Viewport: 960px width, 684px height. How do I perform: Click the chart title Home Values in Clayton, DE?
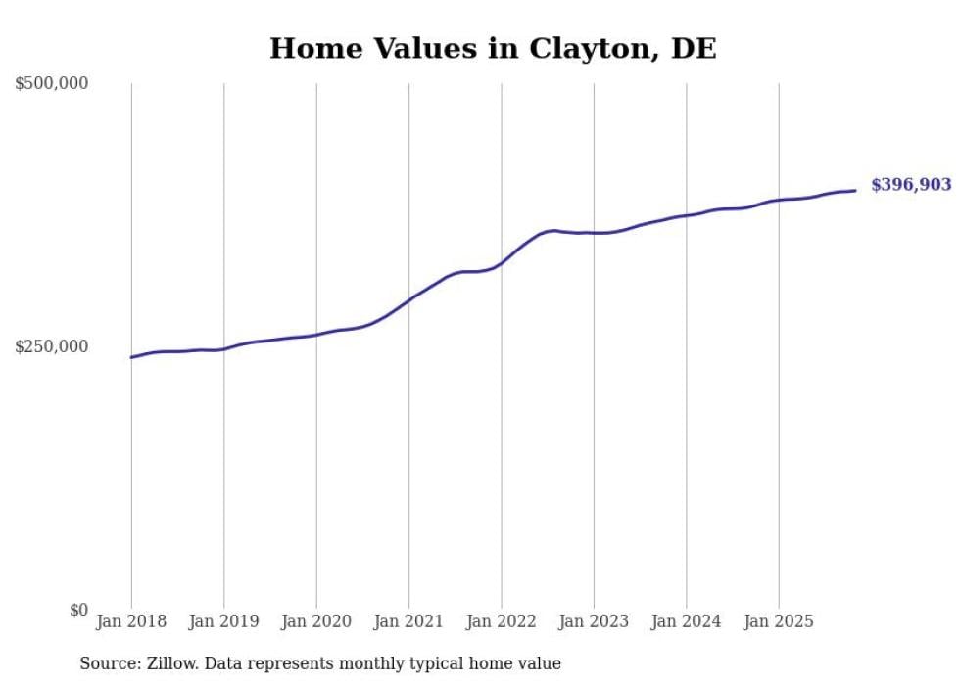(493, 48)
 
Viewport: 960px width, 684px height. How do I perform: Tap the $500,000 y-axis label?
(52, 83)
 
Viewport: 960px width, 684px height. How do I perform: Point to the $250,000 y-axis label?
(52, 346)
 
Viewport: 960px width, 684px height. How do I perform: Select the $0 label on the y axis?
(78, 610)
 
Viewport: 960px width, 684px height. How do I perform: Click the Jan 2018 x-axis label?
(131, 621)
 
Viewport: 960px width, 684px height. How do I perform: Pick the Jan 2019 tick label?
(223, 621)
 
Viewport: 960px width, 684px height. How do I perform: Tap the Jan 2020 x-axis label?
(316, 621)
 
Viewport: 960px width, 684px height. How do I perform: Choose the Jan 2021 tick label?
(408, 621)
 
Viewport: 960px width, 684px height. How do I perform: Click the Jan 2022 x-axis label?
(502, 621)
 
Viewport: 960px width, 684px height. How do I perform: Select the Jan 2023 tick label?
(594, 621)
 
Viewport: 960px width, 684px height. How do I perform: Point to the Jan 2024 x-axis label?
(687, 621)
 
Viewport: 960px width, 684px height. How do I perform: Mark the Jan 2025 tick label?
(779, 621)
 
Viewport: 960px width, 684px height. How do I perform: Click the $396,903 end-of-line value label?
(910, 185)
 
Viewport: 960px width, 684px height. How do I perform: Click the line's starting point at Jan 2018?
(131, 357)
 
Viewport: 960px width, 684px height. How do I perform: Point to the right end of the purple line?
(855, 191)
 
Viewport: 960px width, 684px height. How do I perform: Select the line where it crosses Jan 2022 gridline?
(502, 263)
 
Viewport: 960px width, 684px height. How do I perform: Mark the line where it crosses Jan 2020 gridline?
(316, 335)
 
